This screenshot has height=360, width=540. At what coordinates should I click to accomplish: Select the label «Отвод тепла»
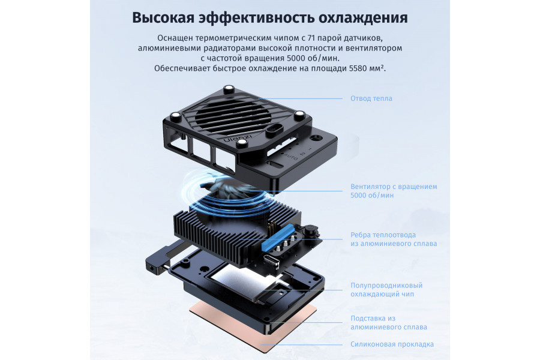[x=371, y=98]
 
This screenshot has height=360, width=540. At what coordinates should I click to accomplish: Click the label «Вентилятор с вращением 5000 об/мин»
[x=393, y=191]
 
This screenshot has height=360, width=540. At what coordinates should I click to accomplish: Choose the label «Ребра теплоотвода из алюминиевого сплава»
[x=393, y=239]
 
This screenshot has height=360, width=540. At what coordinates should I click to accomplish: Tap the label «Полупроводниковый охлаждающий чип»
[x=386, y=290]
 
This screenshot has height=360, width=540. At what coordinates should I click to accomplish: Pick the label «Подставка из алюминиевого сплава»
[x=388, y=322]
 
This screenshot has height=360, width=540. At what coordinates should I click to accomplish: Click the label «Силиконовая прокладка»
[x=391, y=344]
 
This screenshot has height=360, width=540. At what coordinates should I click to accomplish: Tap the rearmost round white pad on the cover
[x=229, y=89]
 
